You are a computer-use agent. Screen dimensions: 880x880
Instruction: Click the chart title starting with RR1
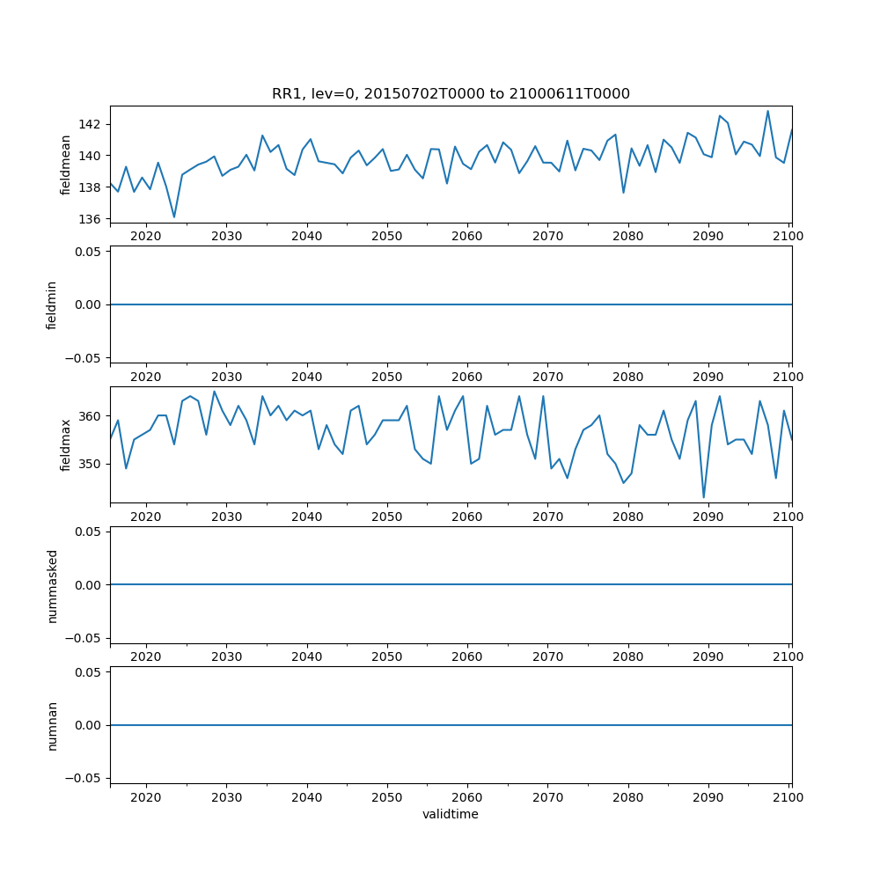pos(451,94)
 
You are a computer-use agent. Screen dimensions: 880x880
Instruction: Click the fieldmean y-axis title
pos(65,165)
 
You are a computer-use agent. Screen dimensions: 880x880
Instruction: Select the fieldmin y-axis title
pos(52,304)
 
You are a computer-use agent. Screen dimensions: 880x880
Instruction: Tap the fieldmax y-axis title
pos(65,444)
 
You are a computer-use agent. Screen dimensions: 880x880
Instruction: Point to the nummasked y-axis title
pos(52,585)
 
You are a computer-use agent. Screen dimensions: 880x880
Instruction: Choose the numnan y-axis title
pos(52,725)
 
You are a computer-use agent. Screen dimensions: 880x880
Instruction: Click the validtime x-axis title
pos(451,815)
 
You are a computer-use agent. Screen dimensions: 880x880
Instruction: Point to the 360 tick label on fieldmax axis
pos(90,415)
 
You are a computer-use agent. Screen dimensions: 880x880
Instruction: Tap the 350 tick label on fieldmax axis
pos(90,464)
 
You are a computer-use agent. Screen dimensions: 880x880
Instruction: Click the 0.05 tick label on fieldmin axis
pos(87,252)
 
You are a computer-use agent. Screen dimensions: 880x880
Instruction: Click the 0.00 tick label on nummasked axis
pos(87,585)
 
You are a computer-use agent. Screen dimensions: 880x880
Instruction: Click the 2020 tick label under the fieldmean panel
pos(146,236)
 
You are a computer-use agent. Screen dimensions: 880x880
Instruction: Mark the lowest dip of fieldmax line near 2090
pos(703,498)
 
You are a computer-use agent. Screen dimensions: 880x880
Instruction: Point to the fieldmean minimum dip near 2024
pos(174,216)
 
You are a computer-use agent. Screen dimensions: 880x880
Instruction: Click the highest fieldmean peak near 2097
pos(767,111)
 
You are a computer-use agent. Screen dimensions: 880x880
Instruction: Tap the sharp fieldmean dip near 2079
pos(623,193)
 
